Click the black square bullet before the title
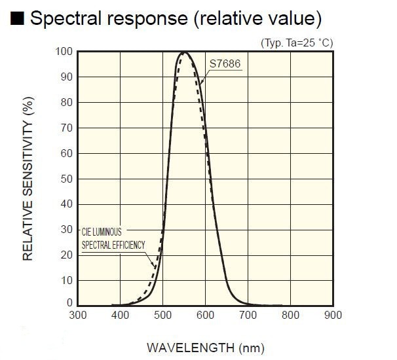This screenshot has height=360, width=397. click(18, 19)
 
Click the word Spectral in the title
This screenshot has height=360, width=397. click(70, 19)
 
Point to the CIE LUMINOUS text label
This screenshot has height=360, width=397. click(102, 232)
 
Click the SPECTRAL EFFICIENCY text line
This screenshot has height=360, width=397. click(113, 245)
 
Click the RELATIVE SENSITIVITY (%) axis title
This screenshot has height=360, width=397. click(28, 180)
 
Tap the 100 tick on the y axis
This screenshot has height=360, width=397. click(64, 52)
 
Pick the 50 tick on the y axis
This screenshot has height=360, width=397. click(66, 179)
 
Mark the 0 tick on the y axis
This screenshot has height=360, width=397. click(69, 304)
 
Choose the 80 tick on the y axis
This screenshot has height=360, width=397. click(66, 103)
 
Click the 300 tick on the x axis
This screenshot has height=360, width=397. click(78, 315)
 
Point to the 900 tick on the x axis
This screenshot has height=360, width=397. click(333, 315)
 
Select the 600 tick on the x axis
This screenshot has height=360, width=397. click(206, 315)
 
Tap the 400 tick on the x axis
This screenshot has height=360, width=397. click(121, 315)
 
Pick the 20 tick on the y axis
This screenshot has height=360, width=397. click(66, 255)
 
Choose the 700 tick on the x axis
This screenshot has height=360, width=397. click(248, 315)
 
